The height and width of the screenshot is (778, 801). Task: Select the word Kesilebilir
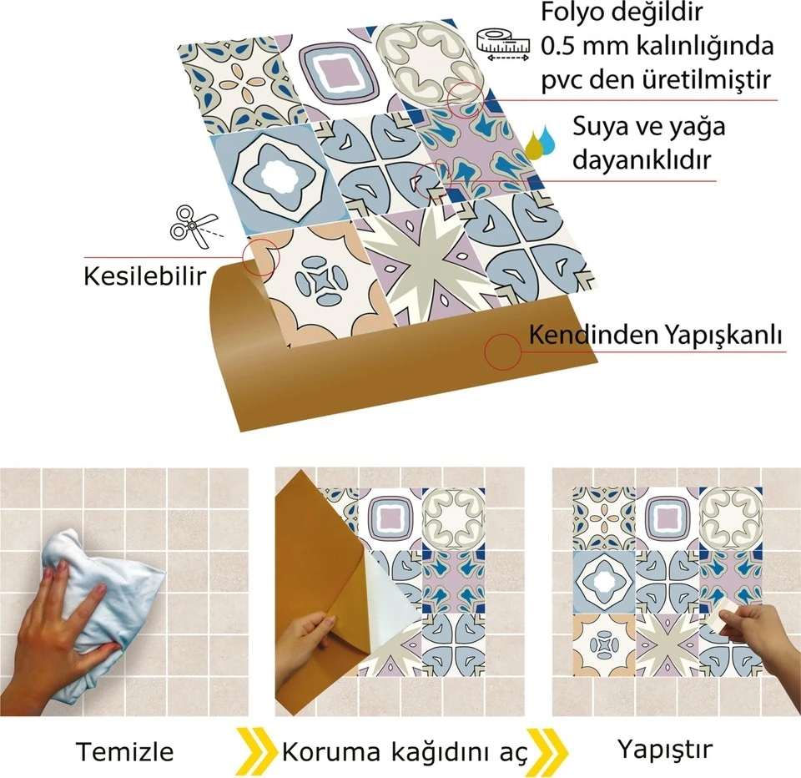click(x=144, y=275)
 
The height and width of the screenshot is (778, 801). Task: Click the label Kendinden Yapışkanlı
click(x=656, y=336)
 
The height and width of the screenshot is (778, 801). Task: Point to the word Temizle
click(x=125, y=751)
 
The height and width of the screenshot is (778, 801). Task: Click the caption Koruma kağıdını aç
click(x=406, y=751)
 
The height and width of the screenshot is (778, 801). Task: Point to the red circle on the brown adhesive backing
click(x=503, y=353)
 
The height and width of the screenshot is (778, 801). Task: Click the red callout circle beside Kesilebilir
click(x=259, y=255)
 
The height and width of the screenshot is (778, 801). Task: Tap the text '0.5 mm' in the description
click(x=579, y=45)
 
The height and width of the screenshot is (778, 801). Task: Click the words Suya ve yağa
click(x=648, y=128)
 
